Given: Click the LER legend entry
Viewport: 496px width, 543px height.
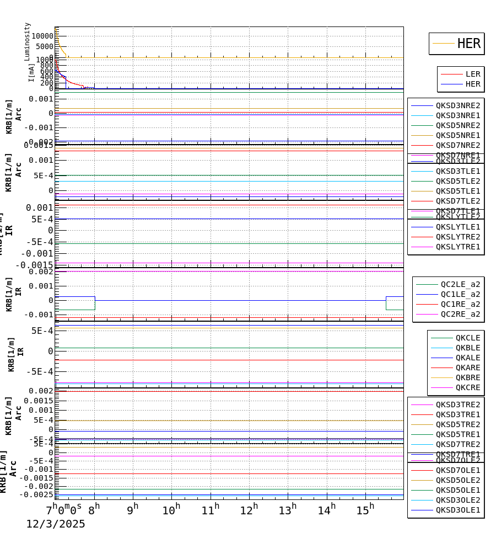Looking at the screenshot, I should [472, 74].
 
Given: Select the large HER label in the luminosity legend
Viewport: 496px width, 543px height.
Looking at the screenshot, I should [468, 44].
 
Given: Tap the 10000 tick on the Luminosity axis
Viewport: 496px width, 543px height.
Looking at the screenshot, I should [42, 36].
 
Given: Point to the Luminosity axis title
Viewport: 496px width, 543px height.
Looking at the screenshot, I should [28, 41].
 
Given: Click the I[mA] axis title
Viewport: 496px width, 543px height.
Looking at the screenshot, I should [31, 72].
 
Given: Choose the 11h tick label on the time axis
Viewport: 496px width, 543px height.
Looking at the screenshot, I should [210, 510].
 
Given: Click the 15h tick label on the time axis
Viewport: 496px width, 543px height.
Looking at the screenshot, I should [365, 510].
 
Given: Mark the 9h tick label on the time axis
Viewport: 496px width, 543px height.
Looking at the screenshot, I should [132, 510].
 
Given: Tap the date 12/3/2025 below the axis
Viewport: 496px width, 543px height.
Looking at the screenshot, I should [56, 524].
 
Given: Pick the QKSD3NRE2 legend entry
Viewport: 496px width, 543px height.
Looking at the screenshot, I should [457, 105].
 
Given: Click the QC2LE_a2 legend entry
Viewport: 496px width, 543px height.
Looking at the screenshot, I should [460, 284].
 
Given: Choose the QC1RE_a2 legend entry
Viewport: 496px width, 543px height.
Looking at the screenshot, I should [460, 304].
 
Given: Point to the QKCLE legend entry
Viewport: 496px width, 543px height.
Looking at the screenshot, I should [467, 338].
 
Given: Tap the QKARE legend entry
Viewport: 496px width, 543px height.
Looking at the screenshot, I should [467, 368].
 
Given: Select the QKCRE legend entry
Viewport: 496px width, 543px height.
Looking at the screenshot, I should [467, 387].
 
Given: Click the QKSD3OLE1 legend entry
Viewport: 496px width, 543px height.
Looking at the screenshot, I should [457, 510].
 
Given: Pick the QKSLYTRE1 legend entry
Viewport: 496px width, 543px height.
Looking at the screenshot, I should [457, 247].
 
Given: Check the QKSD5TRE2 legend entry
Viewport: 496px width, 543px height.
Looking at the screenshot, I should [457, 424].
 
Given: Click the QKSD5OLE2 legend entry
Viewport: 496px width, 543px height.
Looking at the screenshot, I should [457, 480].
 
